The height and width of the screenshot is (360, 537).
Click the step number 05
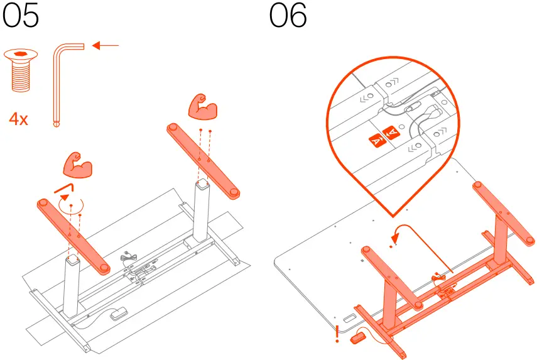click(21, 16)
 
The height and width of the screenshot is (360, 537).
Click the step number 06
click(288, 16)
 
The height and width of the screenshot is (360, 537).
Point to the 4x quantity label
click(18, 119)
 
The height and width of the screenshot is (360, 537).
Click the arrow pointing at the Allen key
click(105, 46)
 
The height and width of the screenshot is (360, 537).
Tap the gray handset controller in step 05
click(118, 314)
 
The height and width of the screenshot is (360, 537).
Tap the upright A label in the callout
click(376, 141)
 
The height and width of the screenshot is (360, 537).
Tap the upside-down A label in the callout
click(391, 132)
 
